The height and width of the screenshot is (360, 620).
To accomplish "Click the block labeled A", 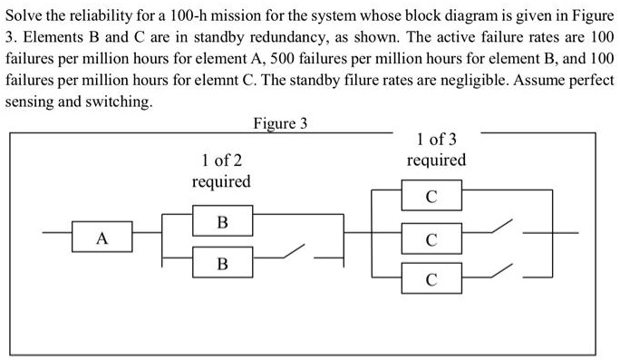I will [102, 239].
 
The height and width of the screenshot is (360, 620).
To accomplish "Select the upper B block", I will [222, 221].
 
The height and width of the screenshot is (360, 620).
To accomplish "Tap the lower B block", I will [222, 264].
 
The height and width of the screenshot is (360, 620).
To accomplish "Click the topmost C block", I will [431, 197].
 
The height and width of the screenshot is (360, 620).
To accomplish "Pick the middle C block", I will [431, 239].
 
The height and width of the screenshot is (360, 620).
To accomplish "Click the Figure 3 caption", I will [280, 123].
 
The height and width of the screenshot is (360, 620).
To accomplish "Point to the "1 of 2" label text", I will [221, 161].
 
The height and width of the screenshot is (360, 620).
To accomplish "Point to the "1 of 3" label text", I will [436, 140].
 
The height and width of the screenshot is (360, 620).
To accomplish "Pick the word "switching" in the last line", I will [121, 101].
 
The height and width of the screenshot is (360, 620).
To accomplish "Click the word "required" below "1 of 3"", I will [436, 161].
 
